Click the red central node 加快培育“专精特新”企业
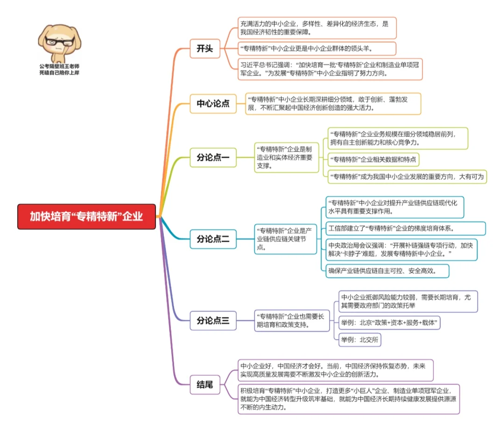(86, 216)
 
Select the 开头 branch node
(205, 49)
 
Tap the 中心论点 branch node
(213, 103)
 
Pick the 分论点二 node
(213, 239)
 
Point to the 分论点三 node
(213, 320)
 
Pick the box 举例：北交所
(359, 340)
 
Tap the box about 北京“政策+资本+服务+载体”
(389, 323)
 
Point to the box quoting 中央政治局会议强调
(401, 250)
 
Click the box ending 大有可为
(406, 177)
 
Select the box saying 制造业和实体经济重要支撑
(286, 158)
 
